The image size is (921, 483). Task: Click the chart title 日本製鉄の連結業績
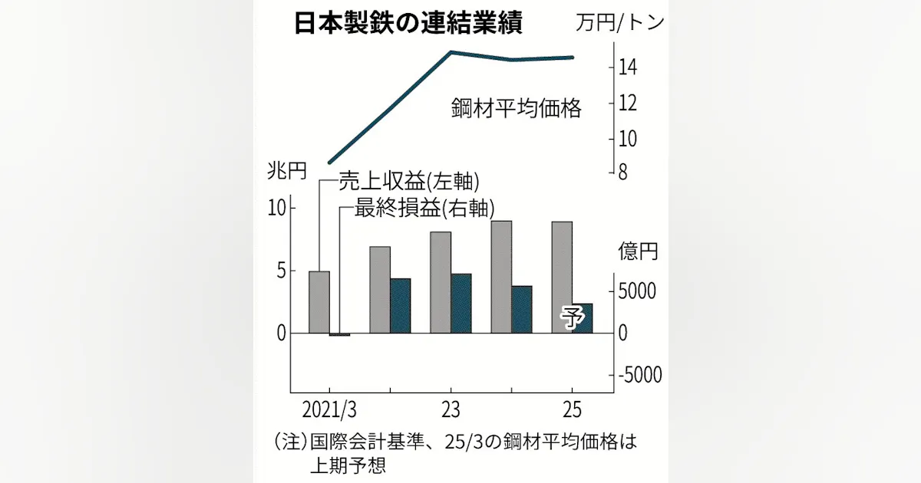(x=408, y=24)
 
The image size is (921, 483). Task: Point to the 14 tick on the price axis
(x=626, y=67)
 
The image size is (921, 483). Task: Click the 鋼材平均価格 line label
(x=516, y=108)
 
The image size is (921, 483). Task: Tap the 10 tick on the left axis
(x=276, y=208)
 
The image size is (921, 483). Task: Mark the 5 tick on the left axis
(x=280, y=271)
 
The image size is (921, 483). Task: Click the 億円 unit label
(x=638, y=251)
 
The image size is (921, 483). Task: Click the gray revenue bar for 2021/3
(x=319, y=303)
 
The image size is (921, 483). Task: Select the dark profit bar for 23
(x=460, y=304)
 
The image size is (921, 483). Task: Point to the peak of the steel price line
(x=451, y=52)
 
